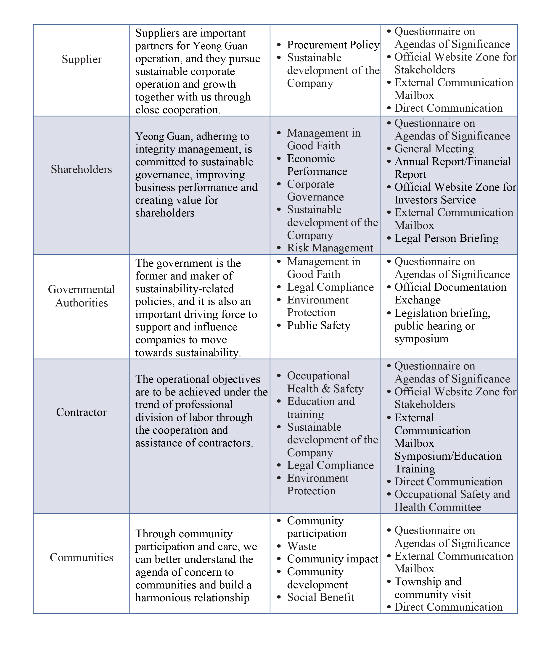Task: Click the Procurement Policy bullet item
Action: pos(333,45)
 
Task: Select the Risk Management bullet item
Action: pos(330,248)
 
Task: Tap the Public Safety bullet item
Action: pos(319,325)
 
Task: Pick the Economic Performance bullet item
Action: pos(317,165)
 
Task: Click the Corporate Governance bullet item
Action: pos(315,190)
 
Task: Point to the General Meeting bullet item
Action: pos(434,149)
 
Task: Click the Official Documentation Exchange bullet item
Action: pos(450,293)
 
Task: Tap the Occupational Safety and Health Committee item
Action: pos(452,501)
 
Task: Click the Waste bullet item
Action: pos(301,546)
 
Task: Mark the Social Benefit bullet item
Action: pos(320,597)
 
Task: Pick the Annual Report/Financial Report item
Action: pos(452,168)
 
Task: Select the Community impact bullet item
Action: pos(332,559)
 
